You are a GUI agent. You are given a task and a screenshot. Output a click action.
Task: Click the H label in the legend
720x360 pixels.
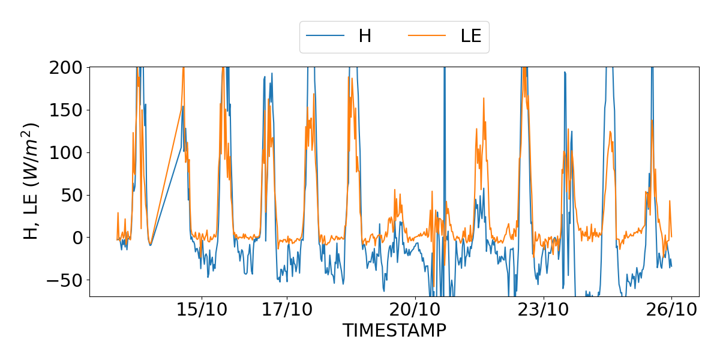365,36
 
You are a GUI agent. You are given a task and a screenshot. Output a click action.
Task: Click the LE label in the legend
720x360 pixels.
471,36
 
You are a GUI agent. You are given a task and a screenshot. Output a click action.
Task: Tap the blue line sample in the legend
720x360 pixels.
325,36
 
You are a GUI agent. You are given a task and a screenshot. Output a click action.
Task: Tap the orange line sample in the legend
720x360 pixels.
427,36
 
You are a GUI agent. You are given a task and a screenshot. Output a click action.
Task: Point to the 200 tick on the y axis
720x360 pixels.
68,67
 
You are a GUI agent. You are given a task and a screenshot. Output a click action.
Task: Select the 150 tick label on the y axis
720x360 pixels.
68,110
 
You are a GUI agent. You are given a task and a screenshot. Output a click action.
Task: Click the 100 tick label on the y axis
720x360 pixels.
68,152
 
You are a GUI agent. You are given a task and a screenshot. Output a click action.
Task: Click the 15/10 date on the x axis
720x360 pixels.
202,311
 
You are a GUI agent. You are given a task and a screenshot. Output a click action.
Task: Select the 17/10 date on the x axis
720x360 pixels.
287,311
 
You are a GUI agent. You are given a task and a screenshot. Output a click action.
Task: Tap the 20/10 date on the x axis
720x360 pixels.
415,311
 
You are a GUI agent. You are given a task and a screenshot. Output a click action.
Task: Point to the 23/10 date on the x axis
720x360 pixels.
544,311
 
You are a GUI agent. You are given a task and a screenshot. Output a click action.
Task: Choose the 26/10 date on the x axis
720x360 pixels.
671,311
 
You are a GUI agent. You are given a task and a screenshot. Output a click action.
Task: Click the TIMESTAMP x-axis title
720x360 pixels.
394,331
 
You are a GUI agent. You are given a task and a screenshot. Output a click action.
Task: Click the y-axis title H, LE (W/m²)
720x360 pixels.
31,181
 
